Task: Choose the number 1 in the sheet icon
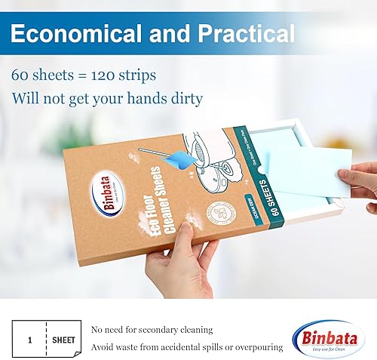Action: pos(29,340)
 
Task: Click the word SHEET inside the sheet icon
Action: pos(63,340)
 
